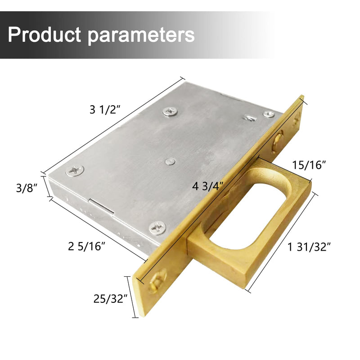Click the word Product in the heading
pos(44,35)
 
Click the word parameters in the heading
pos(141,36)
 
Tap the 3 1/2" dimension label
pos(105,109)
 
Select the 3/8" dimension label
pos(27,188)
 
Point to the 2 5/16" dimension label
pos(86,246)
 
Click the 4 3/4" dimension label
pos(208,186)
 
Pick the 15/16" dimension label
pos(309,165)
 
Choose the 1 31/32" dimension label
pos(309,247)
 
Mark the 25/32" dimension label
pos(110,299)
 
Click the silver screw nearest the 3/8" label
pos(75,171)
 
